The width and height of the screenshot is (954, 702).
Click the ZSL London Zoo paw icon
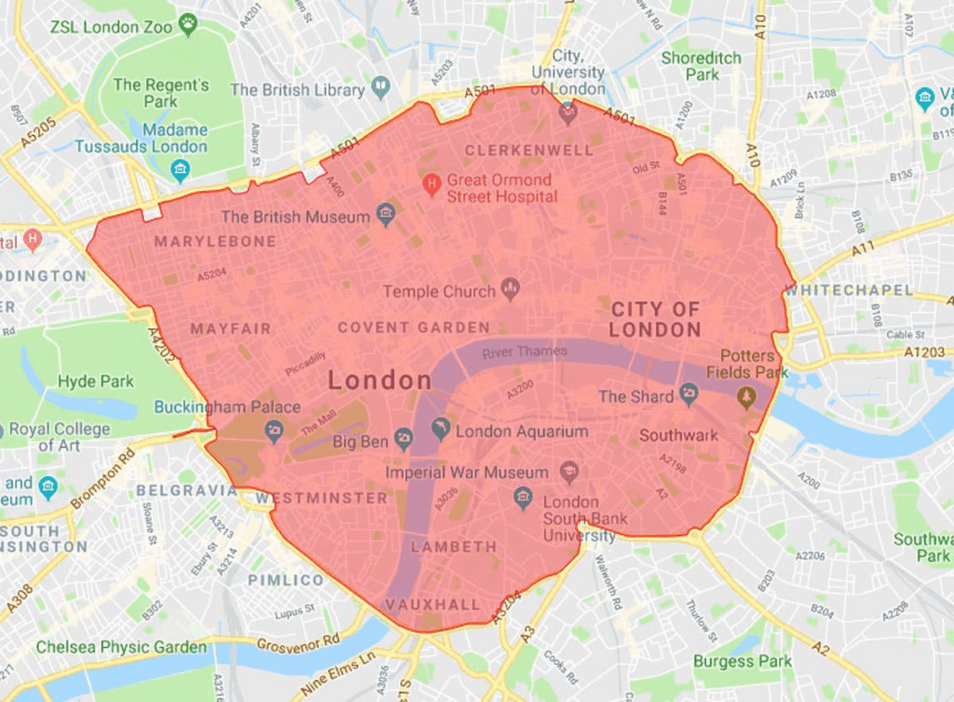click(188, 25)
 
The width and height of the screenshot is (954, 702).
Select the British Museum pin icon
click(386, 216)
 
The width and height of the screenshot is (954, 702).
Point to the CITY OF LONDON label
click(655, 319)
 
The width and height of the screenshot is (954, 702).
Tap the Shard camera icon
click(688, 394)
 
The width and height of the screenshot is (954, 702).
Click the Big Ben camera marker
click(403, 439)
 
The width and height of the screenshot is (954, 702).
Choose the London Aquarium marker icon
click(441, 429)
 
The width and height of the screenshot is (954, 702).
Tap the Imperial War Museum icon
click(568, 472)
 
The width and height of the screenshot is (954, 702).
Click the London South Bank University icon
click(523, 498)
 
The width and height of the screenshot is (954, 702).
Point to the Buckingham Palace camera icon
click(273, 430)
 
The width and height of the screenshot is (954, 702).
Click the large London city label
click(380, 379)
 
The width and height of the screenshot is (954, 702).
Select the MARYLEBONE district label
click(215, 241)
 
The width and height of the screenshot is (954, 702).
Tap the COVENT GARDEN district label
click(414, 327)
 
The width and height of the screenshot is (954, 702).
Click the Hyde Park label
click(96, 381)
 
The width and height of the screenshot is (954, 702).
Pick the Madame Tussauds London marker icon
click(180, 170)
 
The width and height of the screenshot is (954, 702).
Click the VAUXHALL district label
click(433, 604)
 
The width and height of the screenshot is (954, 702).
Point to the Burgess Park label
click(743, 661)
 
